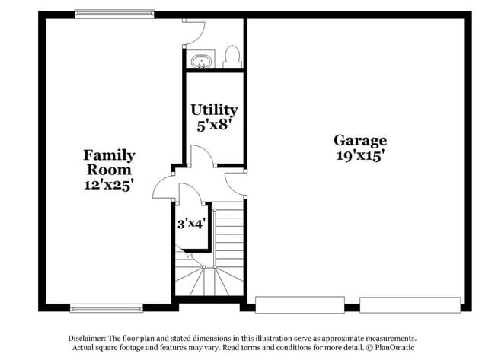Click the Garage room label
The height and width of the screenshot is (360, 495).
[360, 141]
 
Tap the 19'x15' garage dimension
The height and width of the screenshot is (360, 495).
[360, 155]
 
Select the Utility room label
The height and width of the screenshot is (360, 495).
[214, 110]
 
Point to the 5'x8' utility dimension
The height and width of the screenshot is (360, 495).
[214, 126]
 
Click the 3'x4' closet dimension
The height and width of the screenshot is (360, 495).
[192, 224]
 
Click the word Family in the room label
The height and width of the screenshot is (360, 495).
[109, 155]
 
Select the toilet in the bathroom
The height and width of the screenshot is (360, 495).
[232, 57]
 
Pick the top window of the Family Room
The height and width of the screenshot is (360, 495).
[114, 14]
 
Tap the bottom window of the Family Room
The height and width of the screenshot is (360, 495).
[107, 308]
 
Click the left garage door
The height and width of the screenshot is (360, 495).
[300, 304]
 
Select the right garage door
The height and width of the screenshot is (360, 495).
[410, 304]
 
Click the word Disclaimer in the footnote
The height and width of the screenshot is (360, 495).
[87, 339]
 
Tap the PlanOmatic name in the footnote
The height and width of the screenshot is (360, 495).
[394, 348]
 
